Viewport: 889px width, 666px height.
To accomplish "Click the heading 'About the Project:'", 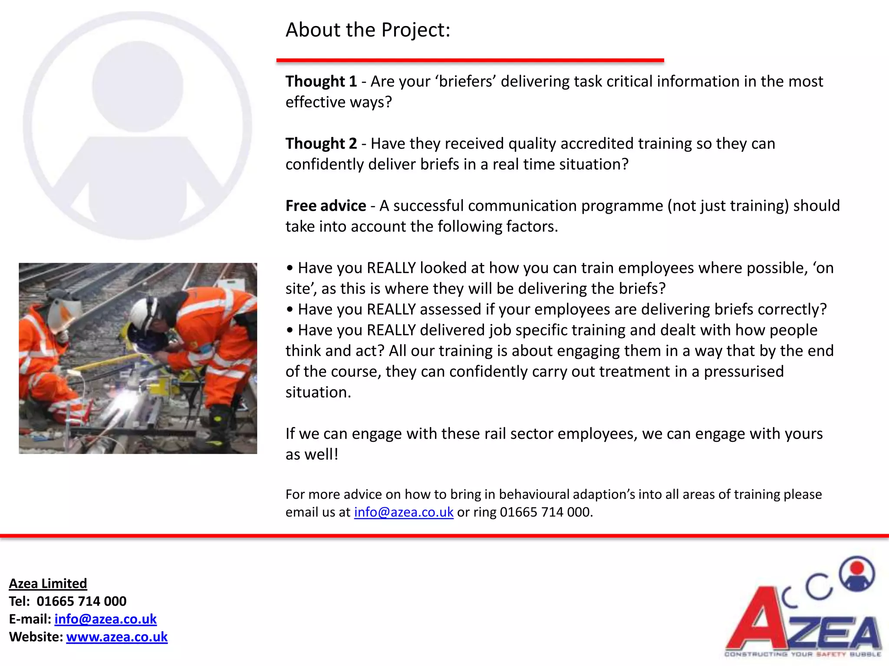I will point(368,30).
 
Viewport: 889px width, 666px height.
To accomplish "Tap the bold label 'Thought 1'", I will point(321,82).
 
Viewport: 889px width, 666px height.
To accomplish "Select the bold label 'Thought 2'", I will point(321,144).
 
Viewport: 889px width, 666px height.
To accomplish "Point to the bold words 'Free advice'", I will point(326,206).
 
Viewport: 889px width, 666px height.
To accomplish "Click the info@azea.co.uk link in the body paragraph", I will point(404,512).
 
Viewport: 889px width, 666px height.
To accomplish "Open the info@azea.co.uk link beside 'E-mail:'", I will point(105,619).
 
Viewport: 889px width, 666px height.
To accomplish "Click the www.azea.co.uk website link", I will point(117,637).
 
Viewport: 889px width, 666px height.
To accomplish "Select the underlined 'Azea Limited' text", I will point(48,583).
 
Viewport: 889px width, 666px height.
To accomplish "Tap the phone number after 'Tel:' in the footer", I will point(82,601).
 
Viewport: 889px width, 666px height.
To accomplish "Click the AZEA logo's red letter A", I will point(757,620).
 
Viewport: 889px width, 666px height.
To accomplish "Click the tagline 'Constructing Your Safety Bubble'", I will point(803,654).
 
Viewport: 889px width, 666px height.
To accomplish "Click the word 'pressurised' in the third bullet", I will point(744,372).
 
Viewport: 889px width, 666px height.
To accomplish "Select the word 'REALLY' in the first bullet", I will point(391,268).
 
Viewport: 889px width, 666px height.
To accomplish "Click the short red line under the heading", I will point(470,61).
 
